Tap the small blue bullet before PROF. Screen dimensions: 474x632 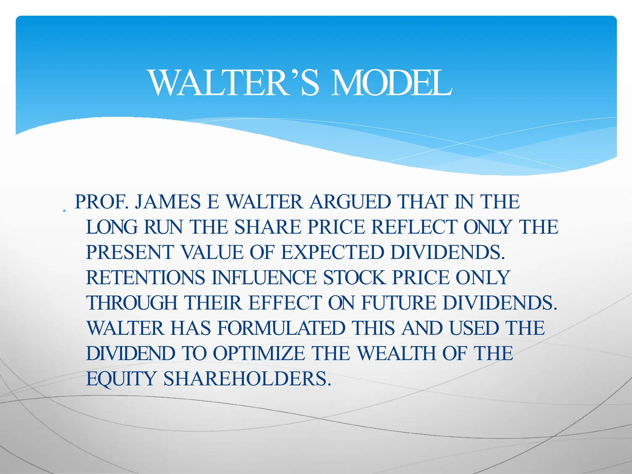[64, 211]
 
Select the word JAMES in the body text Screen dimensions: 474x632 [168, 202]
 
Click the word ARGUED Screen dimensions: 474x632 [350, 202]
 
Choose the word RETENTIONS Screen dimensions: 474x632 [145, 278]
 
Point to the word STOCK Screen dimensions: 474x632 [354, 278]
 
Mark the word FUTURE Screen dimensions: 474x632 [399, 303]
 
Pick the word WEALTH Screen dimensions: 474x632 [397, 354]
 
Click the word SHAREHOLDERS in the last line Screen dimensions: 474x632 [247, 379]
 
